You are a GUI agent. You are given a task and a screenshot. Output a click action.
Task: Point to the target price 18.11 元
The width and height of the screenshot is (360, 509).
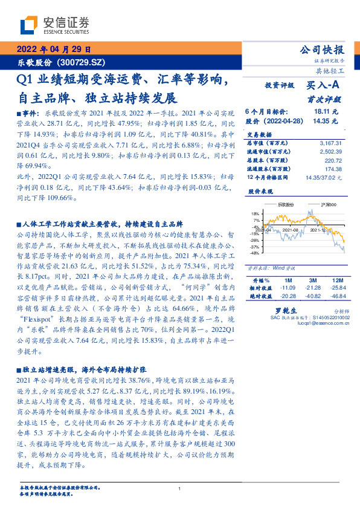(327, 112)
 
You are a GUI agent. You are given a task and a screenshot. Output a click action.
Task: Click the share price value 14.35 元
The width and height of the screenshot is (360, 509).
(327, 121)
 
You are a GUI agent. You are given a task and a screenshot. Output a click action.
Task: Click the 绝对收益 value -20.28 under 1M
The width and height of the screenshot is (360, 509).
(288, 296)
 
